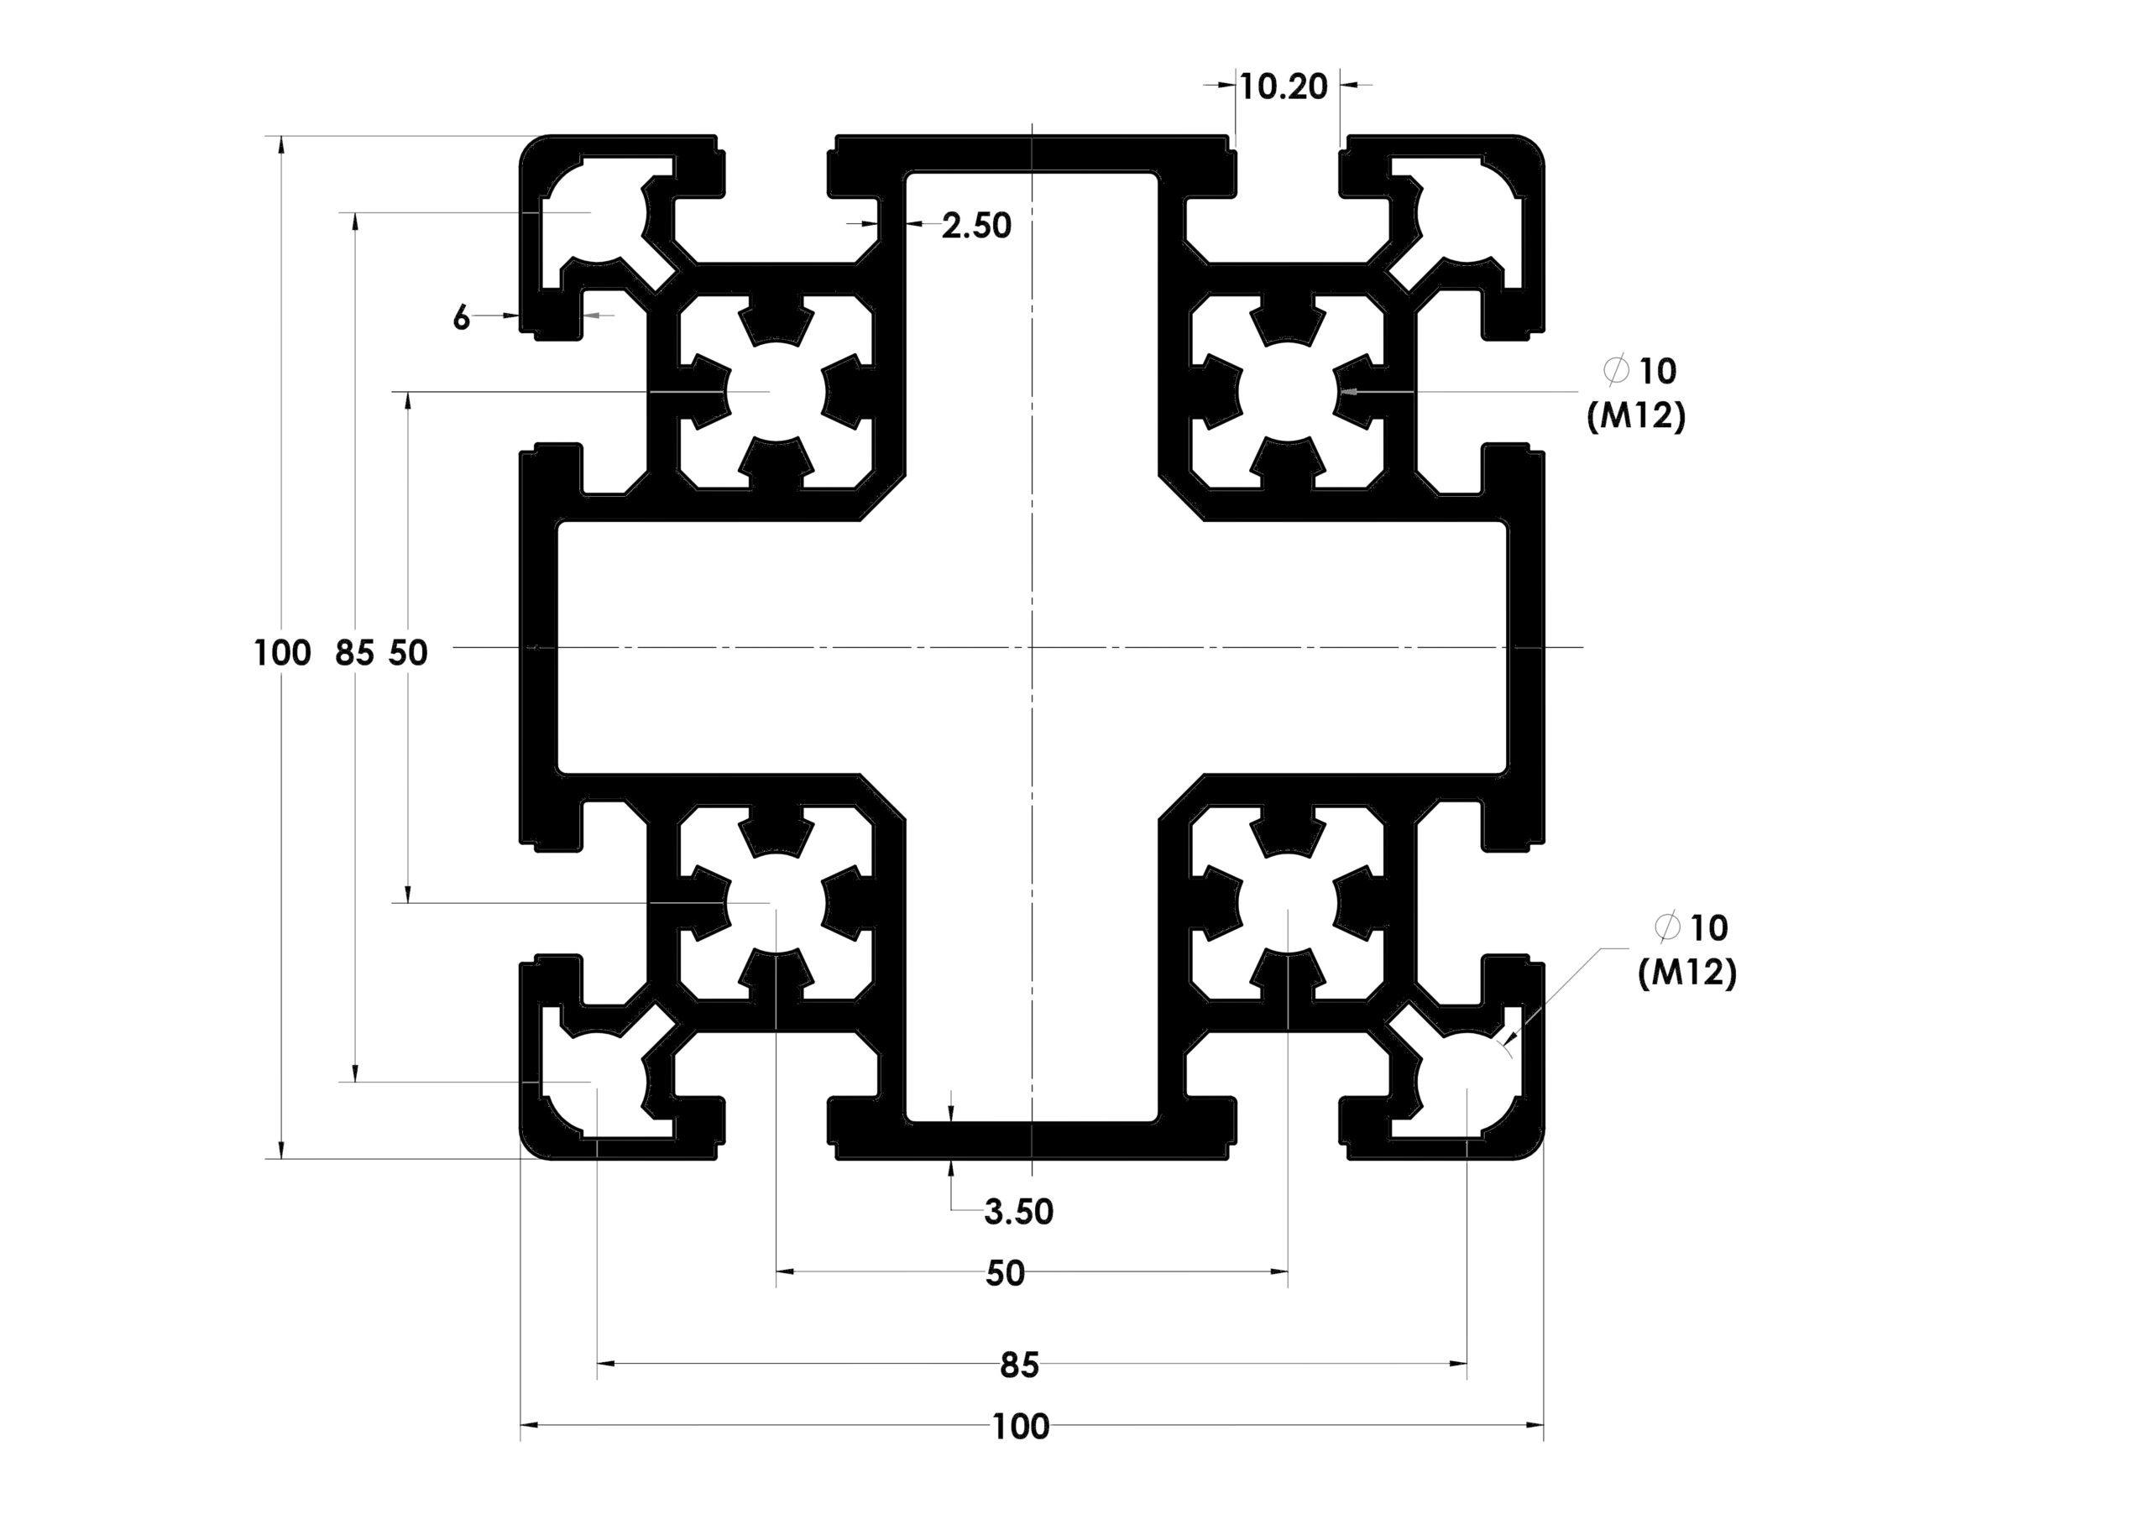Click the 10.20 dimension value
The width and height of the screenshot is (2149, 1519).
pos(1284,87)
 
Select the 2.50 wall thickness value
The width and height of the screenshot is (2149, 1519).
pos(976,226)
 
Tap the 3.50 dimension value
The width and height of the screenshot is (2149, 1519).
pos(1018,1212)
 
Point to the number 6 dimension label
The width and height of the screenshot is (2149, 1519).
pos(461,318)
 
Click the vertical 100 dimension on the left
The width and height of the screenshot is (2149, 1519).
pos(283,652)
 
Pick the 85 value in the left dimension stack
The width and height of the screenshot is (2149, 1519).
pos(355,652)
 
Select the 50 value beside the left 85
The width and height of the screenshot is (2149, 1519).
pos(408,652)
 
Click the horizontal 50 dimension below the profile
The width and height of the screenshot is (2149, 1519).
pos(1005,1273)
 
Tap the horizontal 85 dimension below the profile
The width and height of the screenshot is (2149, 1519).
pos(1019,1365)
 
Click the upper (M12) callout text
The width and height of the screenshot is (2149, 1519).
pos(1636,415)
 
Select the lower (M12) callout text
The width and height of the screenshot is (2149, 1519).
pos(1687,974)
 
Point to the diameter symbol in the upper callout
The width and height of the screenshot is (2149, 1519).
pos(1617,372)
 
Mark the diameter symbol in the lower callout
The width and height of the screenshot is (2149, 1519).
pos(1668,928)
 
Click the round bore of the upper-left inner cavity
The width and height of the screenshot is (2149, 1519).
pos(776,391)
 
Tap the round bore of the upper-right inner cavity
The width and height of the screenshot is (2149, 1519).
pos(1288,391)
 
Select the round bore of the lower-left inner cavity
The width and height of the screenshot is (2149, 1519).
pos(776,904)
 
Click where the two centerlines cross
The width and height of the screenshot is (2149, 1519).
pos(1032,647)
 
